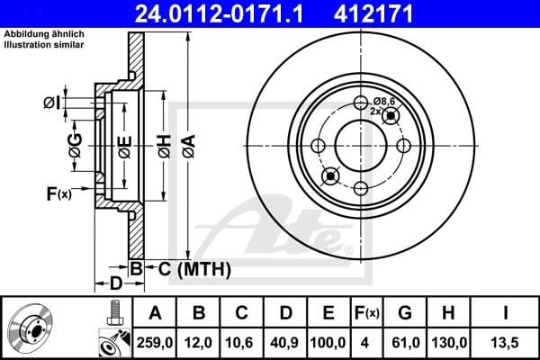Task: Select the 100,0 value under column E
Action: click(x=328, y=341)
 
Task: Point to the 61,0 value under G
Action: click(x=406, y=341)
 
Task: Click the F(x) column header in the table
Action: click(x=366, y=312)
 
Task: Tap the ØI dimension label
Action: click(x=51, y=103)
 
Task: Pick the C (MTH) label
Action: click(x=196, y=268)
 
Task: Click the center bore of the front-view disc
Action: click(x=360, y=144)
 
